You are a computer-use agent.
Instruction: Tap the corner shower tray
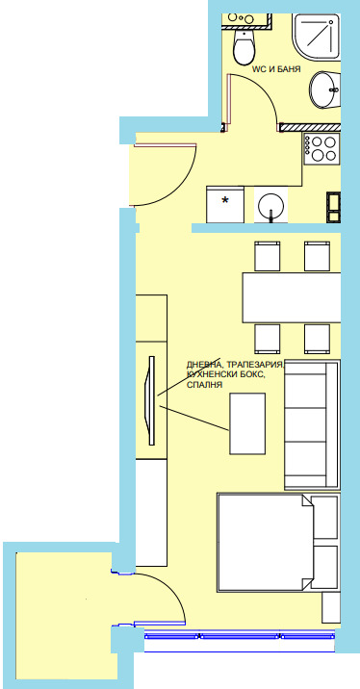point(317,37)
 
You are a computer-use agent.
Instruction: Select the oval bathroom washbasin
point(325,89)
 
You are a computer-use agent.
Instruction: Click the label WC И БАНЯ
point(276,69)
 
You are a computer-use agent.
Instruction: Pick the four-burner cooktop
point(321,148)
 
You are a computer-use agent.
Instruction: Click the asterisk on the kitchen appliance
point(225,201)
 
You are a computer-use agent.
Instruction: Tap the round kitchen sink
point(271,207)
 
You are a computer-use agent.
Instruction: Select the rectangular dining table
point(292,298)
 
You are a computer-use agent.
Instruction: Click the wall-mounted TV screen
point(152,400)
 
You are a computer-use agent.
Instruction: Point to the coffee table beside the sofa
point(247,423)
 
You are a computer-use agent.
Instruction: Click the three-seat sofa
point(312,425)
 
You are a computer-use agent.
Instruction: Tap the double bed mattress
point(264,542)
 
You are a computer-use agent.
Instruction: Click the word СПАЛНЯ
point(204,385)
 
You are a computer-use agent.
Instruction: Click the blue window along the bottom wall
point(240,635)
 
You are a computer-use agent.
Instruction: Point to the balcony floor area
point(65,615)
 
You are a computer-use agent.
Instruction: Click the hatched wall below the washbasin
point(310,127)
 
